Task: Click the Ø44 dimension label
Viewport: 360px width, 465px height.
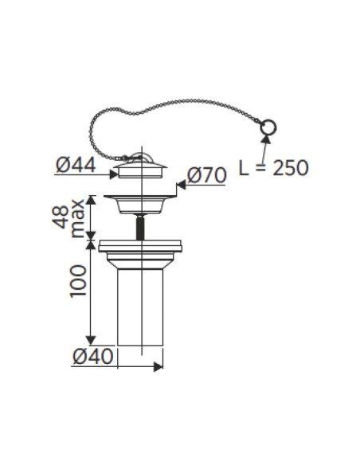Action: pos(76,165)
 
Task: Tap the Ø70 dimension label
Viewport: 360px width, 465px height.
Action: pos(207,175)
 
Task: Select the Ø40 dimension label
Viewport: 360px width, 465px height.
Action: pos(93,356)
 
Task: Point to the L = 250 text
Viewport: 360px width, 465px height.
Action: pos(273,168)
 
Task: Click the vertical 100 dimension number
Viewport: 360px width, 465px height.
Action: pos(78,281)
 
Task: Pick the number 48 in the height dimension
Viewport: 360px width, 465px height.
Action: pos(61,217)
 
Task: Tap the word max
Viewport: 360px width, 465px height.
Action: pos(78,219)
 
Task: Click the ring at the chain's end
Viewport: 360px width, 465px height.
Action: pos(268,128)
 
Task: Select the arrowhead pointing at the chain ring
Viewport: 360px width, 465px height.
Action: pos(266,139)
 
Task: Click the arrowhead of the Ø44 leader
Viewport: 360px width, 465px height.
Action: pos(114,174)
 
